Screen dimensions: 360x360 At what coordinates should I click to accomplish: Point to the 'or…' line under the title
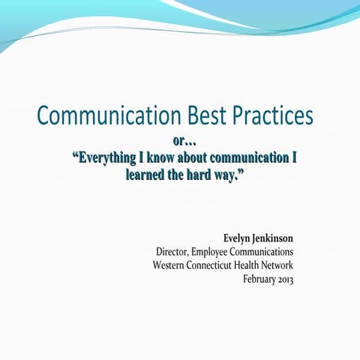click(x=184, y=140)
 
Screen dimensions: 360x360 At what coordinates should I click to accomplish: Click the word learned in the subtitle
click(x=147, y=175)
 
